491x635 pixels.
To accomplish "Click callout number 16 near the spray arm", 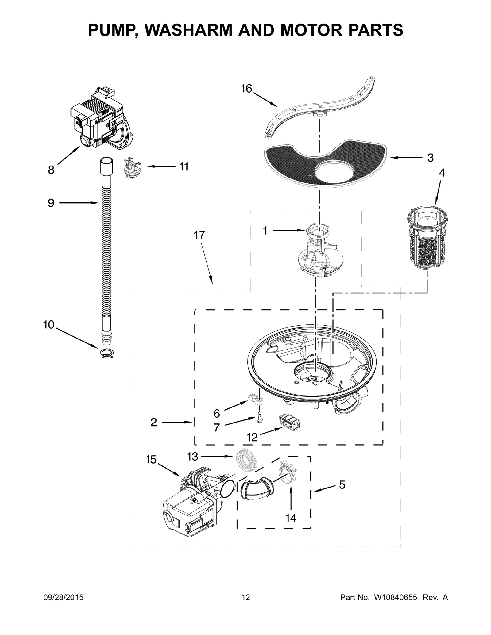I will click(246, 89).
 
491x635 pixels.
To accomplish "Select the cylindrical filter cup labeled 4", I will click(427, 238).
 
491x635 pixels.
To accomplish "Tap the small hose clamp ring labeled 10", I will click(107, 354).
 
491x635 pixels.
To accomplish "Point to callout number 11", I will click(184, 167).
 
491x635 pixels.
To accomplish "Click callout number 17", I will click(199, 235).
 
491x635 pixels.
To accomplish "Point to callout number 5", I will click(342, 485).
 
